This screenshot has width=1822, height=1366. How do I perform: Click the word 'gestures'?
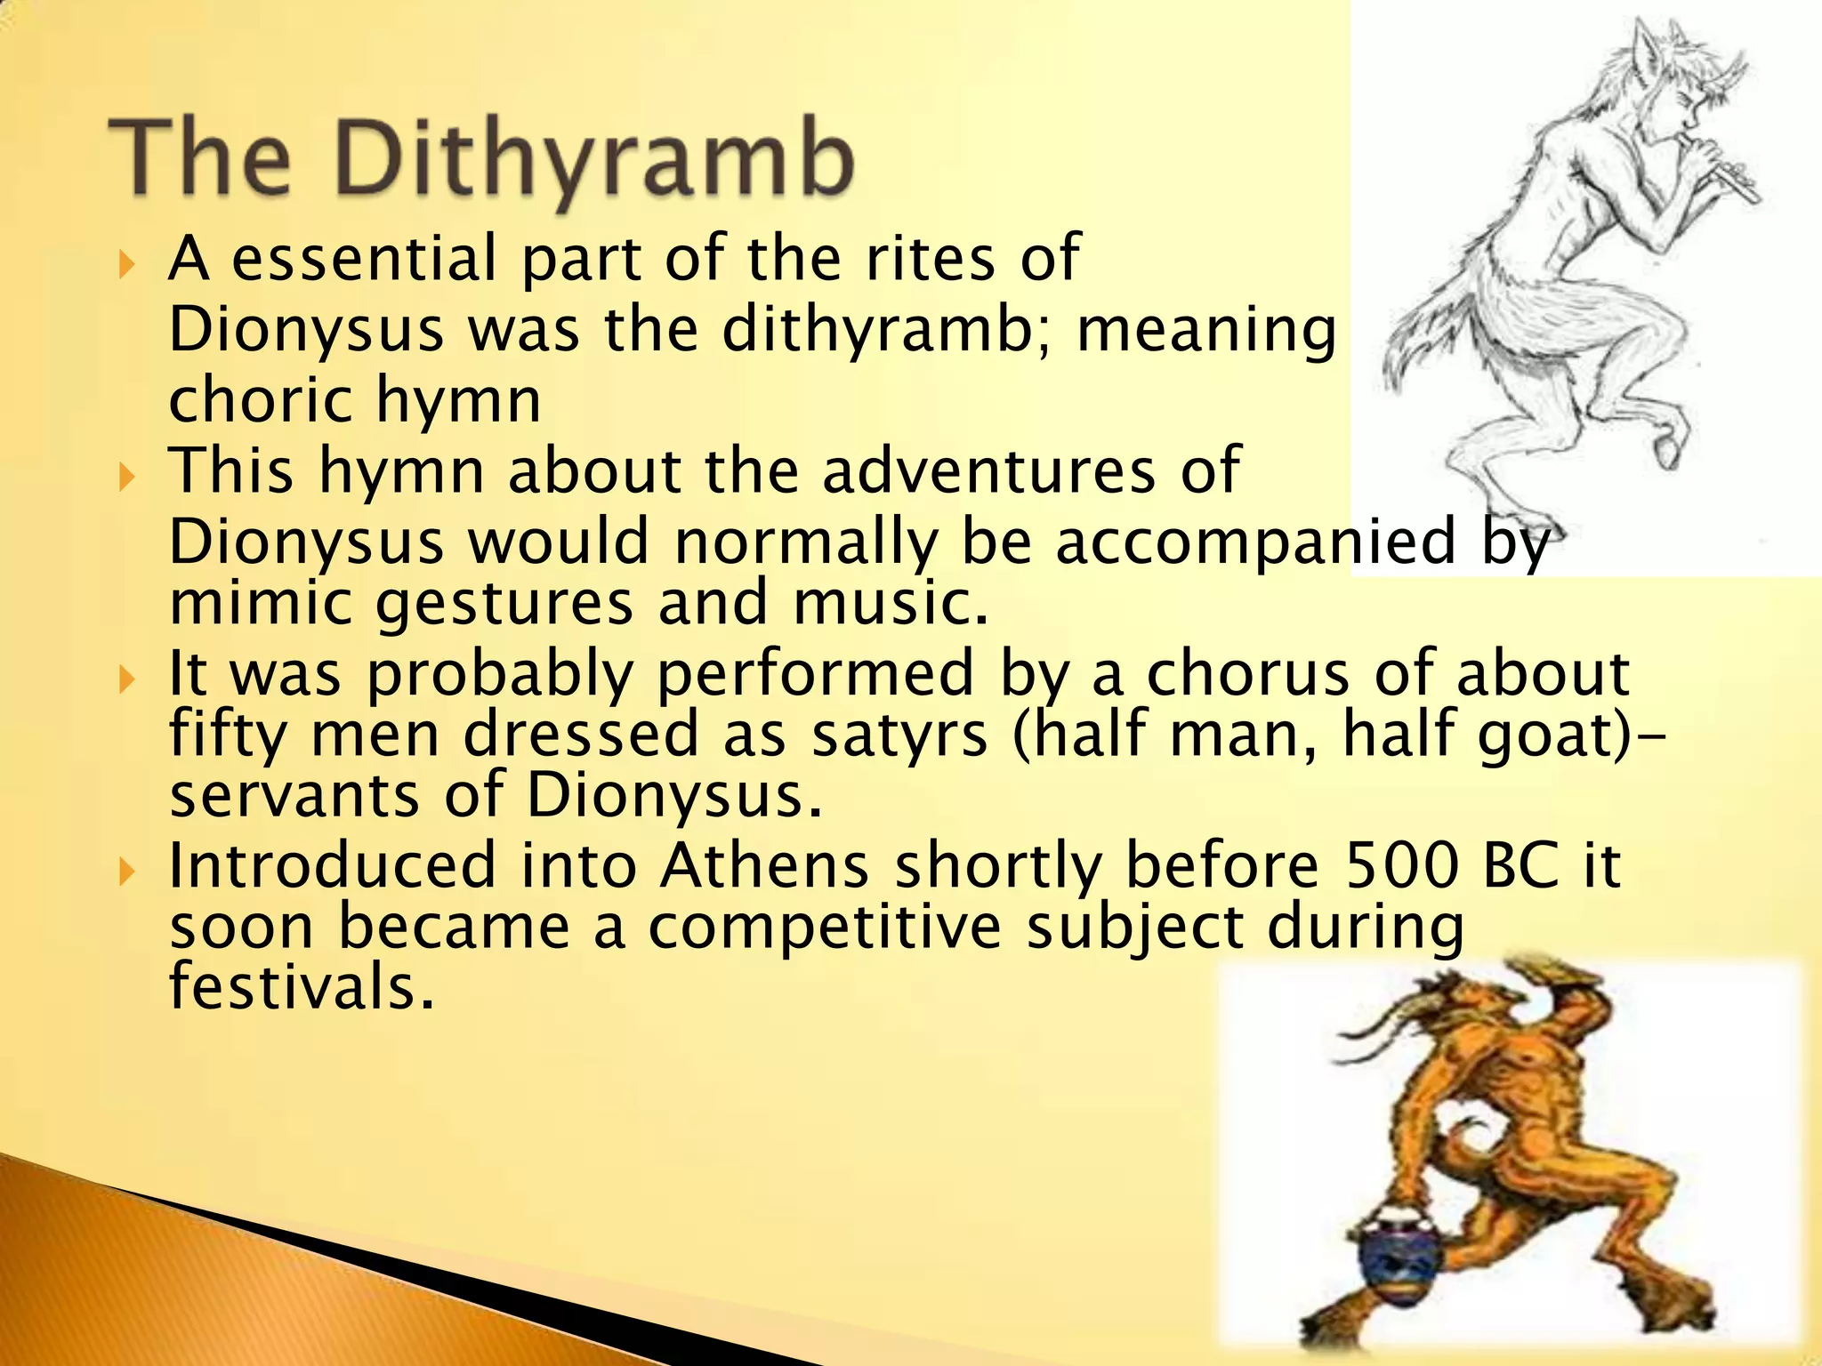[504, 602]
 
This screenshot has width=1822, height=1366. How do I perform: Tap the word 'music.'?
[891, 602]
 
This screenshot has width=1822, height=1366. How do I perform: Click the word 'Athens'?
[764, 864]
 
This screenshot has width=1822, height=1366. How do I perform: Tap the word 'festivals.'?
[302, 987]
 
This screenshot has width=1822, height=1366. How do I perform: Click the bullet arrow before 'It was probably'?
[128, 679]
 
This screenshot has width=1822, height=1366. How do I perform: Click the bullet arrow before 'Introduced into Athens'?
[128, 872]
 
